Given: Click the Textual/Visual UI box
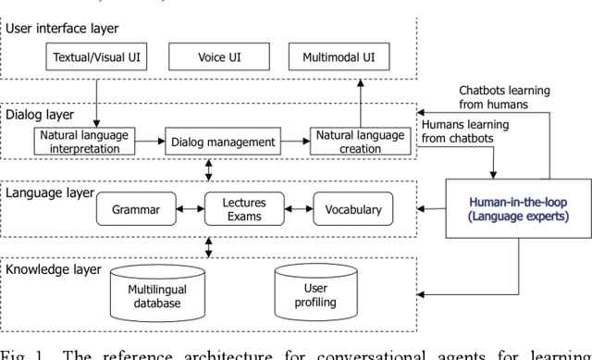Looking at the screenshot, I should pos(97,58).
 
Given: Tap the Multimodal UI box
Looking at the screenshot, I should pos(339,58).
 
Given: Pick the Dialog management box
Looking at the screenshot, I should pos(224,142).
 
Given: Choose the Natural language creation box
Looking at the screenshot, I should pos(359,141).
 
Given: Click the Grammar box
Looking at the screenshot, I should pos(135,209).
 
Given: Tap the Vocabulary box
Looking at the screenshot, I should pos(352,209).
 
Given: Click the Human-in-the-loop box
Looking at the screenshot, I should pos(518,208).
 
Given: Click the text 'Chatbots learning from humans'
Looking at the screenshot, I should pos(504,97).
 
